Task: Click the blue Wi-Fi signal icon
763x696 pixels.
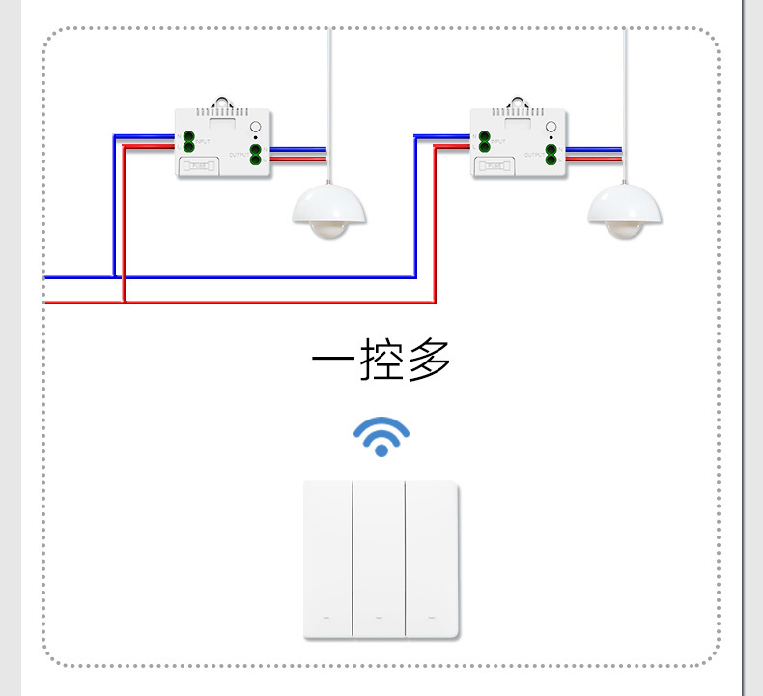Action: pos(381,438)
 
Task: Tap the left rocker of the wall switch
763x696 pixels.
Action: pos(328,558)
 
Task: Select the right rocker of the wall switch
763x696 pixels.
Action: pos(432,558)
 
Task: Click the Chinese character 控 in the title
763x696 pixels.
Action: pos(381,359)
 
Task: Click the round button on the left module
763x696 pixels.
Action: pos(255,129)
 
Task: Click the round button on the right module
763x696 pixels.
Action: pos(551,129)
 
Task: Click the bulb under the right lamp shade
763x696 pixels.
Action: pos(624,229)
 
